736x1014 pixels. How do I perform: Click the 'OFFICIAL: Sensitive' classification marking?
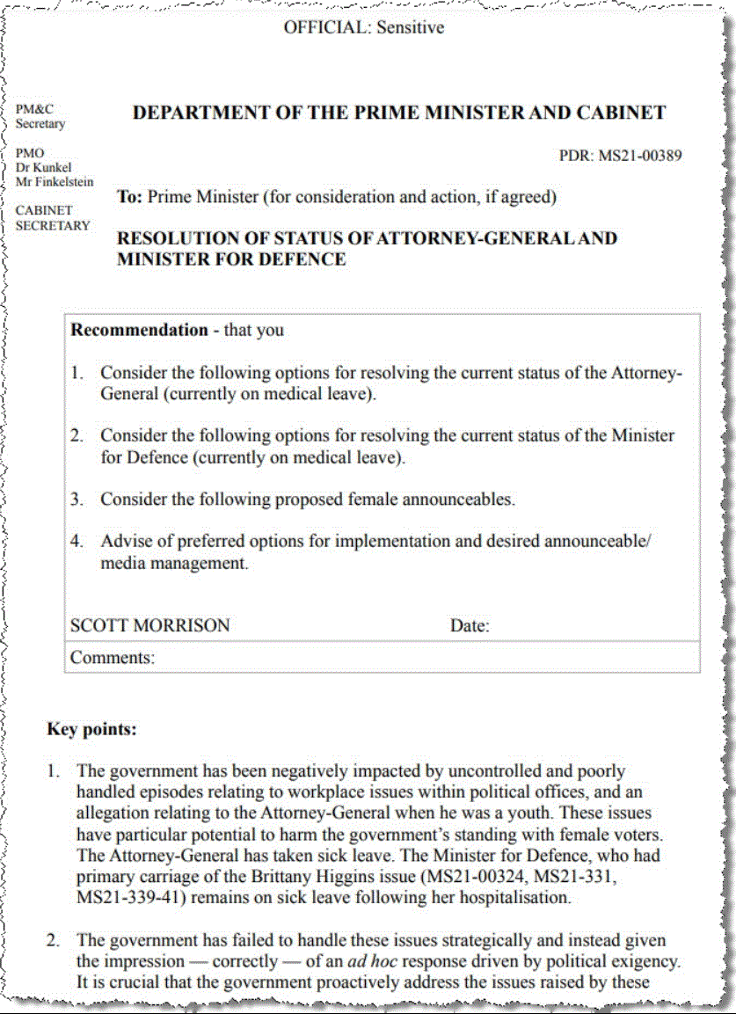point(363,27)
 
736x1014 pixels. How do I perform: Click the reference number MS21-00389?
point(640,157)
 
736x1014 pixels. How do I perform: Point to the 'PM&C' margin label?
point(34,109)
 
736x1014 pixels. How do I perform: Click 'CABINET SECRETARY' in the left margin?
point(53,218)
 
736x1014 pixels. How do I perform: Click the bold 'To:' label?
point(130,197)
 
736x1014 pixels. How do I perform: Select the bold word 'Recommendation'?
point(139,331)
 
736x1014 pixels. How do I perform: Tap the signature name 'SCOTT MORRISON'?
point(149,625)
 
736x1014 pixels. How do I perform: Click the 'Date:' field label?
point(470,626)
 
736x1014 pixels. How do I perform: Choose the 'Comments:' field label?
point(113,657)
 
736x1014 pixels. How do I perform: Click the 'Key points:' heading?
point(91,729)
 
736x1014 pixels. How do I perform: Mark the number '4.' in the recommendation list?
point(77,542)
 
